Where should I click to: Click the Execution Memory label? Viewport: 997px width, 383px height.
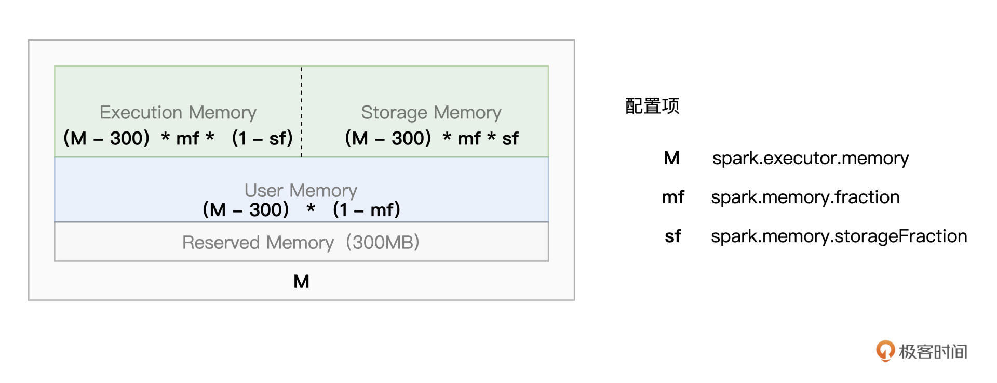pyautogui.click(x=178, y=112)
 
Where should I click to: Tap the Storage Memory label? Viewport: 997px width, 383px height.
pyautogui.click(x=431, y=112)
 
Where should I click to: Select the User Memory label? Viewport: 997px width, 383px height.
pyautogui.click(x=301, y=190)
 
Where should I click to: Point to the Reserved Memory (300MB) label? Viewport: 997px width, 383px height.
pyautogui.click(x=301, y=242)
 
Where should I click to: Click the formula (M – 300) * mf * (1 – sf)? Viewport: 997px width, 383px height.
pyautogui.click(x=178, y=138)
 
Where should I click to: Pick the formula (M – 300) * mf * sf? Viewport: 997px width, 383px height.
pyautogui.click(x=431, y=138)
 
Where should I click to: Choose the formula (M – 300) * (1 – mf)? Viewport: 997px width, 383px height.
pyautogui.click(x=301, y=210)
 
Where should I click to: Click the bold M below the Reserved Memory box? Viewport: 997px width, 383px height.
pyautogui.click(x=301, y=281)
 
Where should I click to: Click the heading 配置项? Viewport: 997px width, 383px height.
pyautogui.click(x=652, y=106)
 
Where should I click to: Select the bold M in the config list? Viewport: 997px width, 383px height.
pyautogui.click(x=671, y=158)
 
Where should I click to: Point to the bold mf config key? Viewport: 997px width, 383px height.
pyautogui.click(x=672, y=197)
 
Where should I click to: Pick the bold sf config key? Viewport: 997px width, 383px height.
pyautogui.click(x=672, y=236)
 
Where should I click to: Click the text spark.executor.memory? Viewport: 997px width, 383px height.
pyautogui.click(x=810, y=158)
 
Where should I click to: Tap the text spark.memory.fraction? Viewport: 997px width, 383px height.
pyautogui.click(x=805, y=197)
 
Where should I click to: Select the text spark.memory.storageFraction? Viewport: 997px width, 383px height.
pyautogui.click(x=839, y=236)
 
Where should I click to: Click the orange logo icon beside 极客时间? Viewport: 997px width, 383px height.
pyautogui.click(x=885, y=351)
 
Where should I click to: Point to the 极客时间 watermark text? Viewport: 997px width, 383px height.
pyautogui.click(x=933, y=352)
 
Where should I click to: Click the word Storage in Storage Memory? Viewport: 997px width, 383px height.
pyautogui.click(x=395, y=112)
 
